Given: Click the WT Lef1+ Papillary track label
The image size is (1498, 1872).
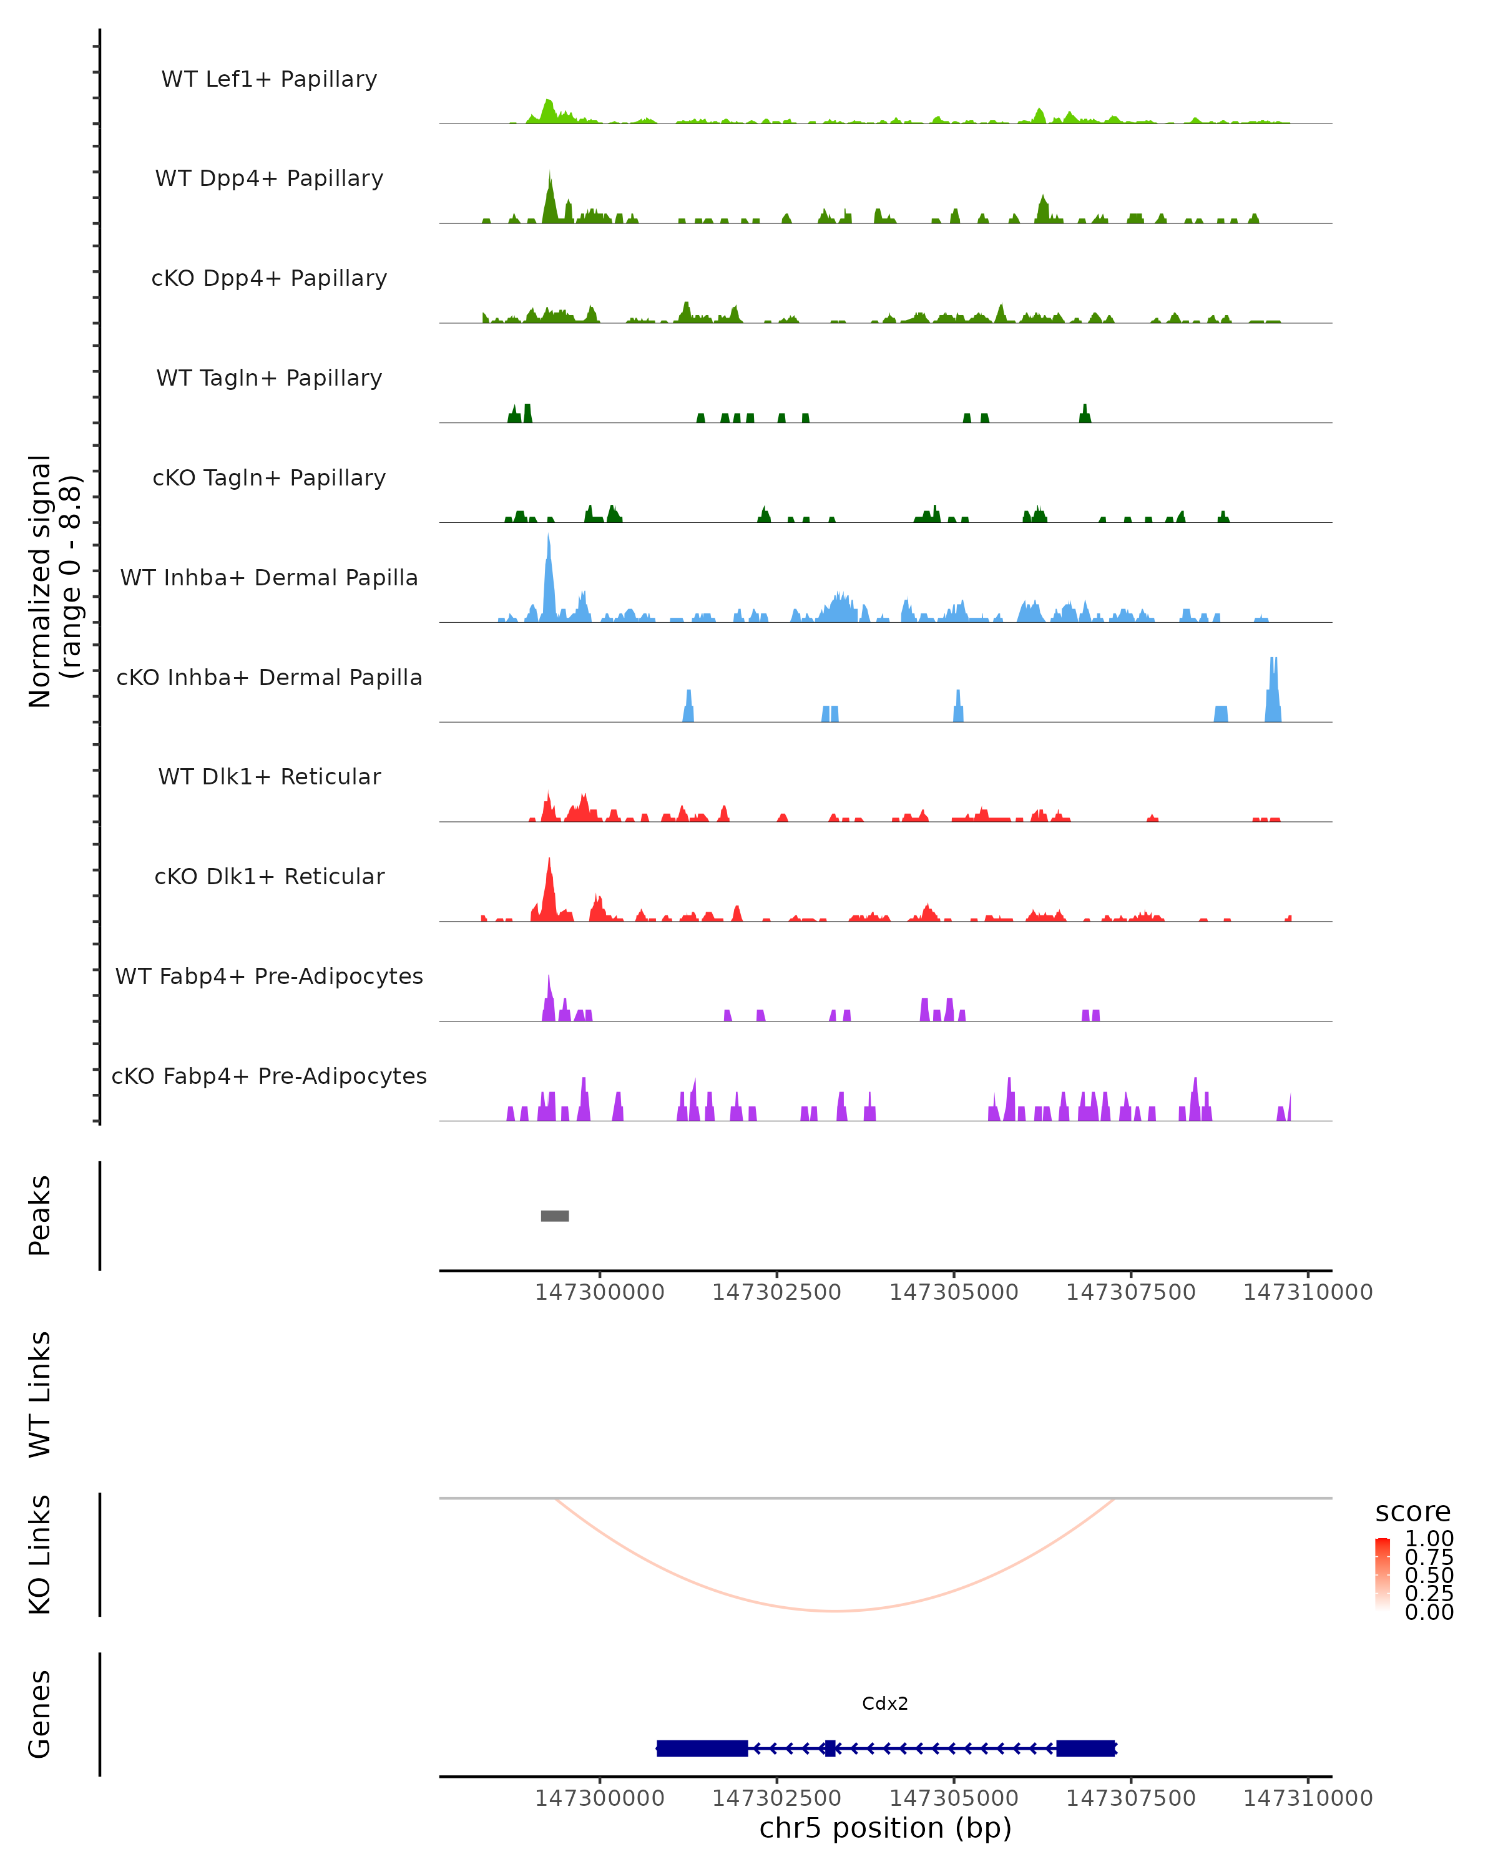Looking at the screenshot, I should (269, 79).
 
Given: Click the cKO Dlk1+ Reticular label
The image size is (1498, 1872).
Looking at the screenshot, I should (269, 876).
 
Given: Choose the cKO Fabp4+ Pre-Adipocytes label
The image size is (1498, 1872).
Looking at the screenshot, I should (269, 1076).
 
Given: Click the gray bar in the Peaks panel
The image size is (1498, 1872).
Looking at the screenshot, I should (555, 1216).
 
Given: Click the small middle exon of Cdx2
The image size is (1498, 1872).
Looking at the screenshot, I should (830, 1748).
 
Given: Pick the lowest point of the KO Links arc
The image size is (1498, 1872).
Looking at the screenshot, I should (834, 1611).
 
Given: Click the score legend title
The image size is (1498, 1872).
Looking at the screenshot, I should (1413, 1512).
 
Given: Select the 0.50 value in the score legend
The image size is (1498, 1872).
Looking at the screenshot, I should (1429, 1574).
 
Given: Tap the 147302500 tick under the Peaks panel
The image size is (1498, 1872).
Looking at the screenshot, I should (776, 1292).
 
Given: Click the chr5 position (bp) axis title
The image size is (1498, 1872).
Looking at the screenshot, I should (885, 1828).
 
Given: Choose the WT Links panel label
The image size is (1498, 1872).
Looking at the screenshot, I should (40, 1393).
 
